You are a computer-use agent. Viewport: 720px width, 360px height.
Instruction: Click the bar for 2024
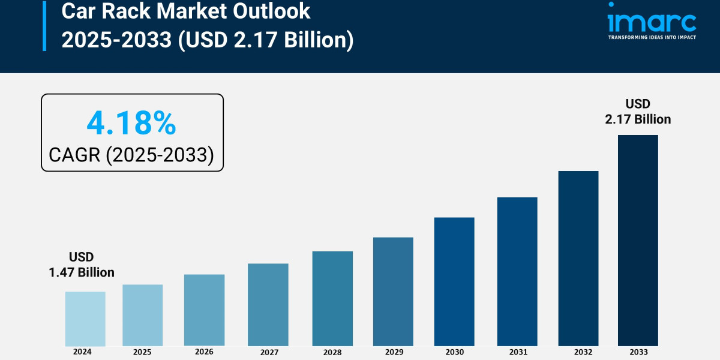click(85, 319)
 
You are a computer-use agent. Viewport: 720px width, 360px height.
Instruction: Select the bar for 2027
click(268, 305)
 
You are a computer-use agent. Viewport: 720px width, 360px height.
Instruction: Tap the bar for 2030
click(454, 281)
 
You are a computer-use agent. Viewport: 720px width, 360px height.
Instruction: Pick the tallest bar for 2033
click(638, 240)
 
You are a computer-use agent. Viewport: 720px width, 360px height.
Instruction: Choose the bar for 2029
click(393, 292)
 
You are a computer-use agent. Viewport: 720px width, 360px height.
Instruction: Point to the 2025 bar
click(143, 315)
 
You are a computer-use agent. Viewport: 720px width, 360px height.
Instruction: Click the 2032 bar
click(578, 258)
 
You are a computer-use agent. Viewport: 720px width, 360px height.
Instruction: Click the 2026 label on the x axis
click(205, 352)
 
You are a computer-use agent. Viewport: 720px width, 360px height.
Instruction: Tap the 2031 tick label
click(517, 352)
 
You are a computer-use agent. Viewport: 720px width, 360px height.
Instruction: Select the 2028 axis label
click(332, 352)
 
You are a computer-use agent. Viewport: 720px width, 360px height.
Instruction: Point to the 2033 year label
click(638, 352)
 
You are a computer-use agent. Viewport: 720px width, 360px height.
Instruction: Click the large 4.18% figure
click(131, 123)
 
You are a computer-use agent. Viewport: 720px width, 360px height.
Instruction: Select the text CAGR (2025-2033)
click(131, 155)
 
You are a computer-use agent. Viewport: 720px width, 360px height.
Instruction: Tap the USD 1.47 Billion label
click(82, 265)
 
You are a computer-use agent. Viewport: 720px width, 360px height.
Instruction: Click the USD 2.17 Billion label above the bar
click(638, 112)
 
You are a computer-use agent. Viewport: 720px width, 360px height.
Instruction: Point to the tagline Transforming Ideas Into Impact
click(652, 38)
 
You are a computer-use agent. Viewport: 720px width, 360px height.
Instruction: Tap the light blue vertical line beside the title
click(44, 25)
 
